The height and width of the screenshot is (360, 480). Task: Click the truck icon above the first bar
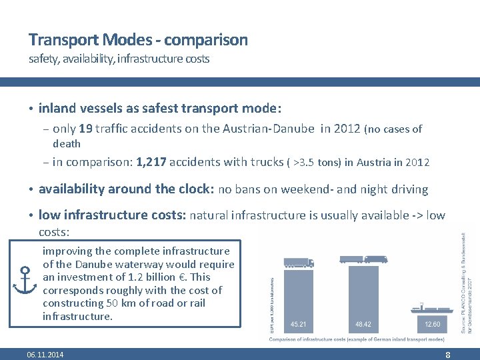point(299,263)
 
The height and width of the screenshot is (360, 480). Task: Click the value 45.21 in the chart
point(299,324)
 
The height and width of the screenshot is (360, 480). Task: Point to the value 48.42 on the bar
point(364,324)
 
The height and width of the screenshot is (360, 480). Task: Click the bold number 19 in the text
point(86,129)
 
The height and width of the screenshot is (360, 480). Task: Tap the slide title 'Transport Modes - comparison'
point(138,40)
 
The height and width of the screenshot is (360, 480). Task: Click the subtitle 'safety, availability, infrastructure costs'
point(119,59)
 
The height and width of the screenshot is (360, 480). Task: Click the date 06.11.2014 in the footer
point(45,355)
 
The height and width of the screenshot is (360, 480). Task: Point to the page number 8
point(448,355)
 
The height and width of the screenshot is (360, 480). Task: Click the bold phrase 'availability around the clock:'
point(126,189)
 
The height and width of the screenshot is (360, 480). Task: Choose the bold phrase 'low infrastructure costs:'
point(113,215)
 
